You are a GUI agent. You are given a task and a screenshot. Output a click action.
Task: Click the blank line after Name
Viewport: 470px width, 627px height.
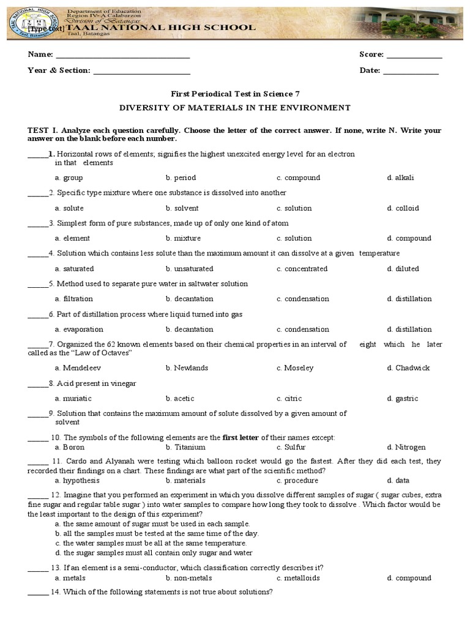122,56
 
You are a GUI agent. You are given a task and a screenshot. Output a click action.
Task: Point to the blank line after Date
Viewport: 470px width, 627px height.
410,72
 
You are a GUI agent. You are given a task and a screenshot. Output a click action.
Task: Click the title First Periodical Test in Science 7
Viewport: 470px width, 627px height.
235,94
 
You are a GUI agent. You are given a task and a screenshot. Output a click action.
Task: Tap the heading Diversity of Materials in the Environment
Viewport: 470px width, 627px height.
235,108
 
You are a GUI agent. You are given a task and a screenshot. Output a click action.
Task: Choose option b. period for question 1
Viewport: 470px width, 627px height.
181,178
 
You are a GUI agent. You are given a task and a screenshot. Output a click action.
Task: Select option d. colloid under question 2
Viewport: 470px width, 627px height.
403,208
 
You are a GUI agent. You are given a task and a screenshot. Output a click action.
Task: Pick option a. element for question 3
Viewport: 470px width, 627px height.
72,238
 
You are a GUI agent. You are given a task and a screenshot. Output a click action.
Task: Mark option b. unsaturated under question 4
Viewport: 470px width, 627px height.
189,269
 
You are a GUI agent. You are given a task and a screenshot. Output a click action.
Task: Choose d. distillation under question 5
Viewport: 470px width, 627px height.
409,299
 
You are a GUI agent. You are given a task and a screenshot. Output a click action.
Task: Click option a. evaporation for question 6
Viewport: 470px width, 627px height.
79,329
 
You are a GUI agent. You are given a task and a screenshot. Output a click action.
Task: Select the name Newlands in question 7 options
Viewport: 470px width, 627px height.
191,368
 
